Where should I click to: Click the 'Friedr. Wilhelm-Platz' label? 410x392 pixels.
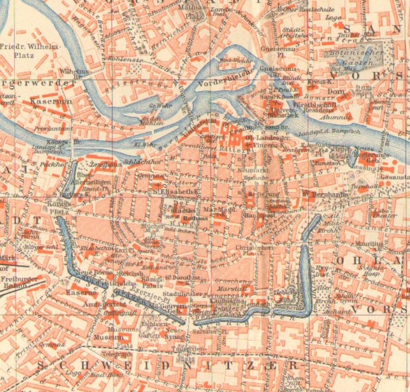[30, 51]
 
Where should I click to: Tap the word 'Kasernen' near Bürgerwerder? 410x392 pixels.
[51, 102]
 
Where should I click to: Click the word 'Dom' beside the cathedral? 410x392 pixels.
[336, 93]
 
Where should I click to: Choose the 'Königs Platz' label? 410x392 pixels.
[57, 207]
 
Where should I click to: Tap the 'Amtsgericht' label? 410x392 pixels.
[108, 304]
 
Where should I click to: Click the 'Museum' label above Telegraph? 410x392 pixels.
[105, 337]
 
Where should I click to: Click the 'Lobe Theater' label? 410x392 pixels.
[380, 214]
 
